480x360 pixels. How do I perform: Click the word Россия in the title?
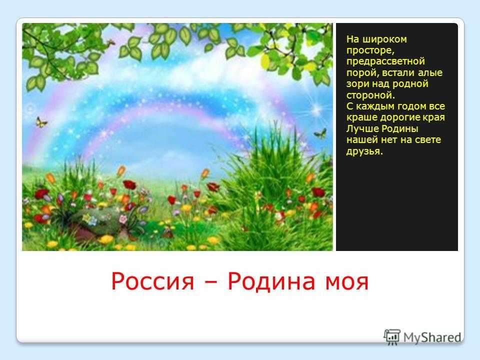(152, 281)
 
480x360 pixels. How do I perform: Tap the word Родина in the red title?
(271, 280)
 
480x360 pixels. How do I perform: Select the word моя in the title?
(346, 282)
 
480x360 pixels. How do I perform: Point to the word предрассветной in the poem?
(385, 61)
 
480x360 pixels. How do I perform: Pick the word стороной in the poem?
(370, 95)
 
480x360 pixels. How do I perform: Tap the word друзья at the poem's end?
(364, 151)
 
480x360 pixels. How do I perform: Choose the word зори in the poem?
(356, 84)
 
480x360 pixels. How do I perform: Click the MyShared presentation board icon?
(392, 337)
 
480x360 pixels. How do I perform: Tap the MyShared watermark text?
(432, 337)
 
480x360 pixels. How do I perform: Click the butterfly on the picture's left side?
(41, 122)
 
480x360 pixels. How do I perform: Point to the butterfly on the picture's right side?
(320, 133)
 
